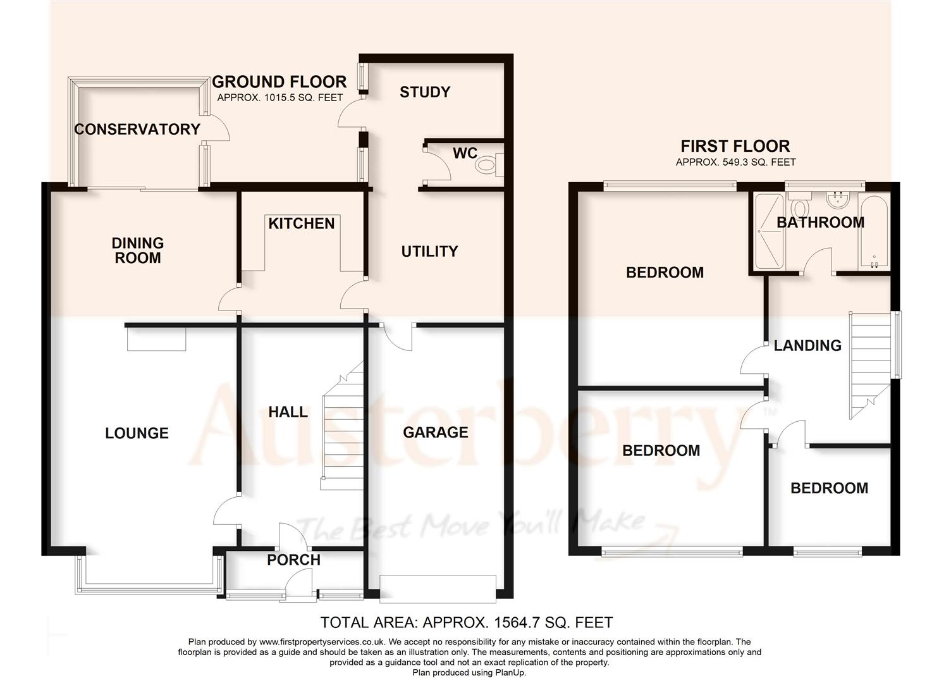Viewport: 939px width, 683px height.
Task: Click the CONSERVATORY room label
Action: point(137,129)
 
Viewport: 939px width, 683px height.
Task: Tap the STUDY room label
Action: point(425,92)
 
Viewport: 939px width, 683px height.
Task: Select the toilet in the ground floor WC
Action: point(488,165)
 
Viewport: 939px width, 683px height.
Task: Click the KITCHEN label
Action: point(301,223)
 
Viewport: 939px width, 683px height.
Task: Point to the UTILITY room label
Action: point(429,251)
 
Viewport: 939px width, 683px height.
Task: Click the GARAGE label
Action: point(436,432)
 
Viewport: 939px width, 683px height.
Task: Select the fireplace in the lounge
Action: point(156,339)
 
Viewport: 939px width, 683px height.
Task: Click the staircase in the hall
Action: point(343,430)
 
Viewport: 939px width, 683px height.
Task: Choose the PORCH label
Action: point(293,560)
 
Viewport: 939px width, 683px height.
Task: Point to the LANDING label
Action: point(807,345)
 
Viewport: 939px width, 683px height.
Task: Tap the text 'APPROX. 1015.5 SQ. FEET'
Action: point(279,98)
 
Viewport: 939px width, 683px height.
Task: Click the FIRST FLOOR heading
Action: point(735,146)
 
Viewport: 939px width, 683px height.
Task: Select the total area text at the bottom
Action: point(467,622)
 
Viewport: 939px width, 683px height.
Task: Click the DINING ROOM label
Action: point(137,250)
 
